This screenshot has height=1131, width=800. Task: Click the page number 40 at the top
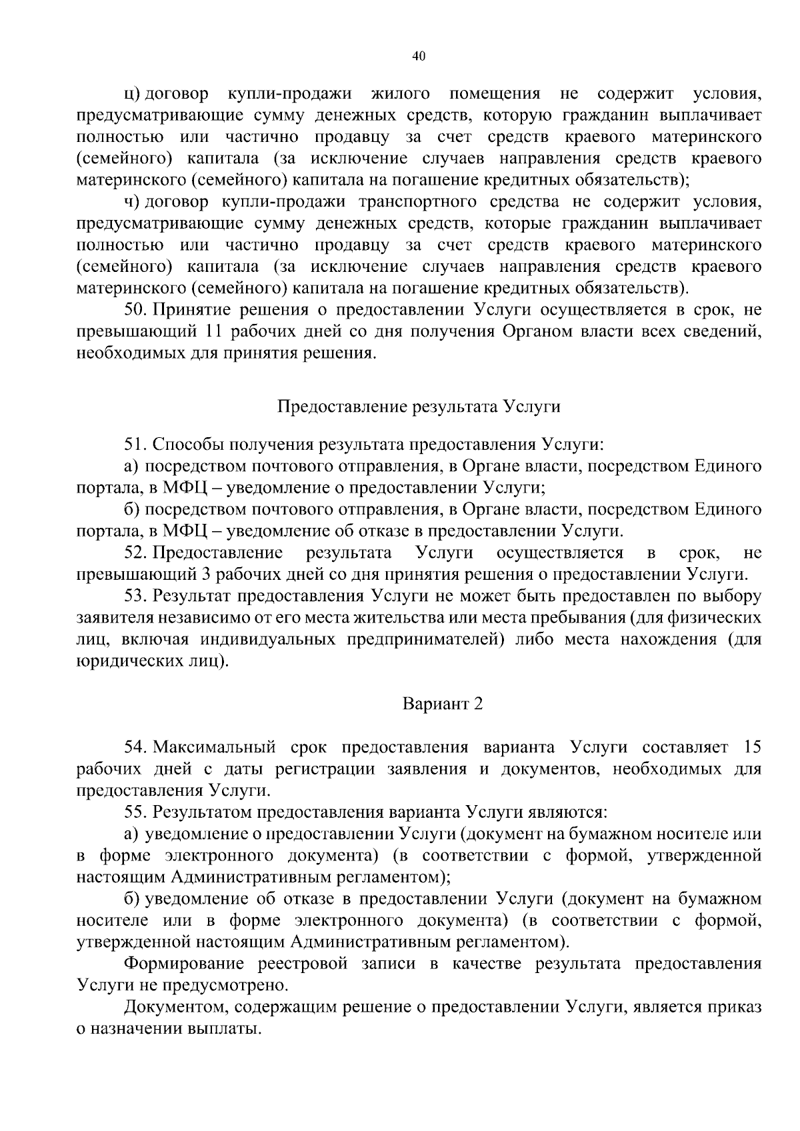tap(419, 57)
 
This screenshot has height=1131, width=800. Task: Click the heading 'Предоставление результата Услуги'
tap(419, 406)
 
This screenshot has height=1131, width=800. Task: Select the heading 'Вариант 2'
tap(442, 704)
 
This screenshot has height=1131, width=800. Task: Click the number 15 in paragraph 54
tap(751, 747)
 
